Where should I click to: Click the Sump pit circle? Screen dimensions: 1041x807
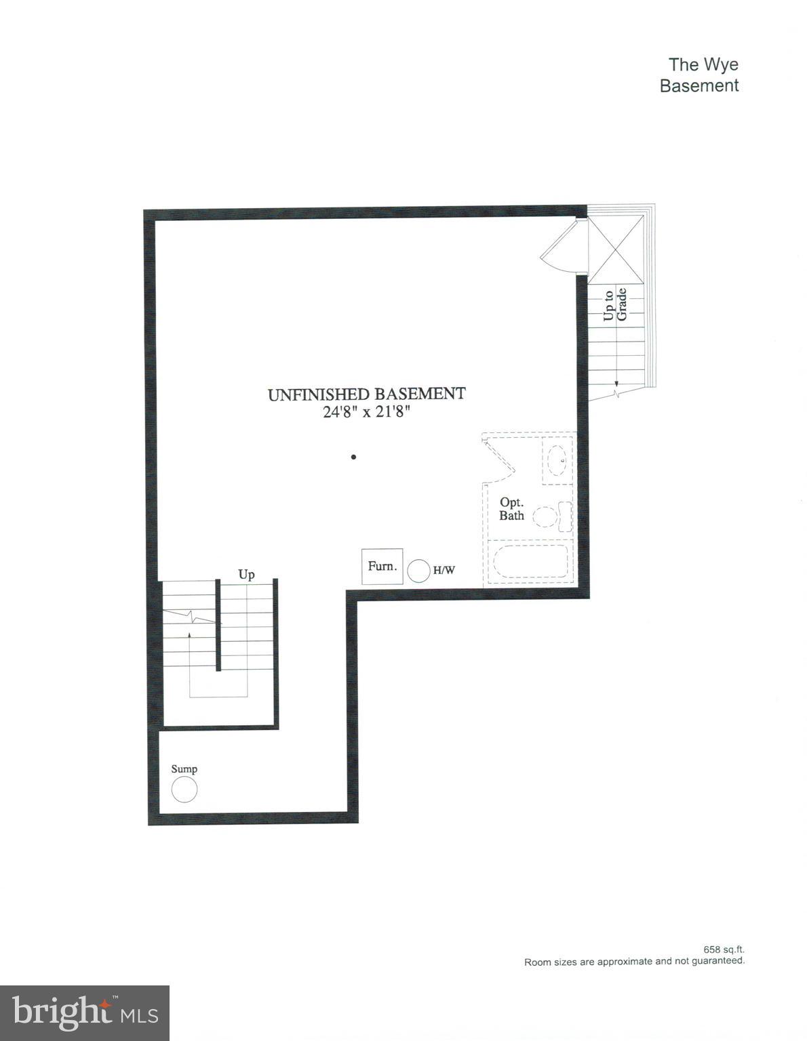coord(184,790)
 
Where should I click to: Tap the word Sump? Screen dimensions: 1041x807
coord(184,769)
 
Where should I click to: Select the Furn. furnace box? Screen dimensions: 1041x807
coord(382,566)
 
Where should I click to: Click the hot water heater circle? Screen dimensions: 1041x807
coord(418,570)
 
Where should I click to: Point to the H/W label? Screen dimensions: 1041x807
coord(444,571)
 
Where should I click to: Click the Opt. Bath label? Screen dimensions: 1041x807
coord(511,509)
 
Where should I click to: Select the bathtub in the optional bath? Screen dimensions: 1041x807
coord(530,561)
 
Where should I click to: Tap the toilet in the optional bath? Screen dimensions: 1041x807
coord(555,516)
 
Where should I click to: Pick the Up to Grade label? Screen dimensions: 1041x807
coord(616,304)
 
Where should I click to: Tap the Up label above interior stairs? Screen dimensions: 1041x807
coord(246,575)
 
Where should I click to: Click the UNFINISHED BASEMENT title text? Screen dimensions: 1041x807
coord(367,394)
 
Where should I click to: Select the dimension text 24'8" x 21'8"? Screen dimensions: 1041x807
coord(367,412)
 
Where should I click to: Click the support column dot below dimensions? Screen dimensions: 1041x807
coord(353,457)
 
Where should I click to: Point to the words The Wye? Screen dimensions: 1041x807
coord(703,64)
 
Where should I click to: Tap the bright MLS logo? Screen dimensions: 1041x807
coord(85,1013)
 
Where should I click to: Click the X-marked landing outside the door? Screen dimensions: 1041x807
coord(616,249)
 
